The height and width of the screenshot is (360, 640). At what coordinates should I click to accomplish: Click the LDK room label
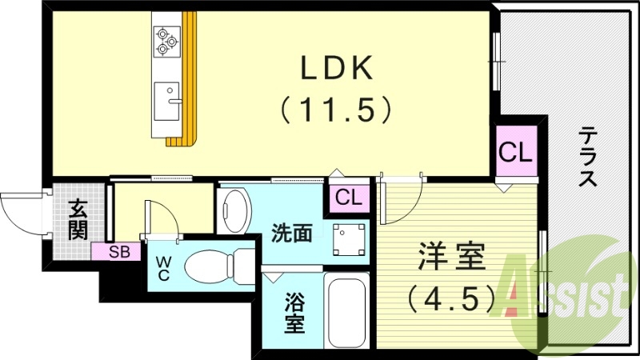pyautogui.click(x=336, y=70)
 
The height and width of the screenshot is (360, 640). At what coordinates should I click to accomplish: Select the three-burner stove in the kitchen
pyautogui.click(x=167, y=41)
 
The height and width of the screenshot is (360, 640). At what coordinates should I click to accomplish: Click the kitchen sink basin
pyautogui.click(x=166, y=99)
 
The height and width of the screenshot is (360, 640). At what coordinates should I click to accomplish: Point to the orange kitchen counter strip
pyautogui.click(x=188, y=80)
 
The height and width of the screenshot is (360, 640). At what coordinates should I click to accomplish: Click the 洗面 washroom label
pyautogui.click(x=291, y=234)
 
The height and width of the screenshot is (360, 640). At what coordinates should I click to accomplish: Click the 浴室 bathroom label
pyautogui.click(x=294, y=314)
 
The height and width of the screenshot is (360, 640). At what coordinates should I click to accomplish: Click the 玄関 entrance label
pyautogui.click(x=78, y=220)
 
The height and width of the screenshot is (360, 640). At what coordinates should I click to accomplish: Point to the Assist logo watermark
pyautogui.click(x=564, y=296)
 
